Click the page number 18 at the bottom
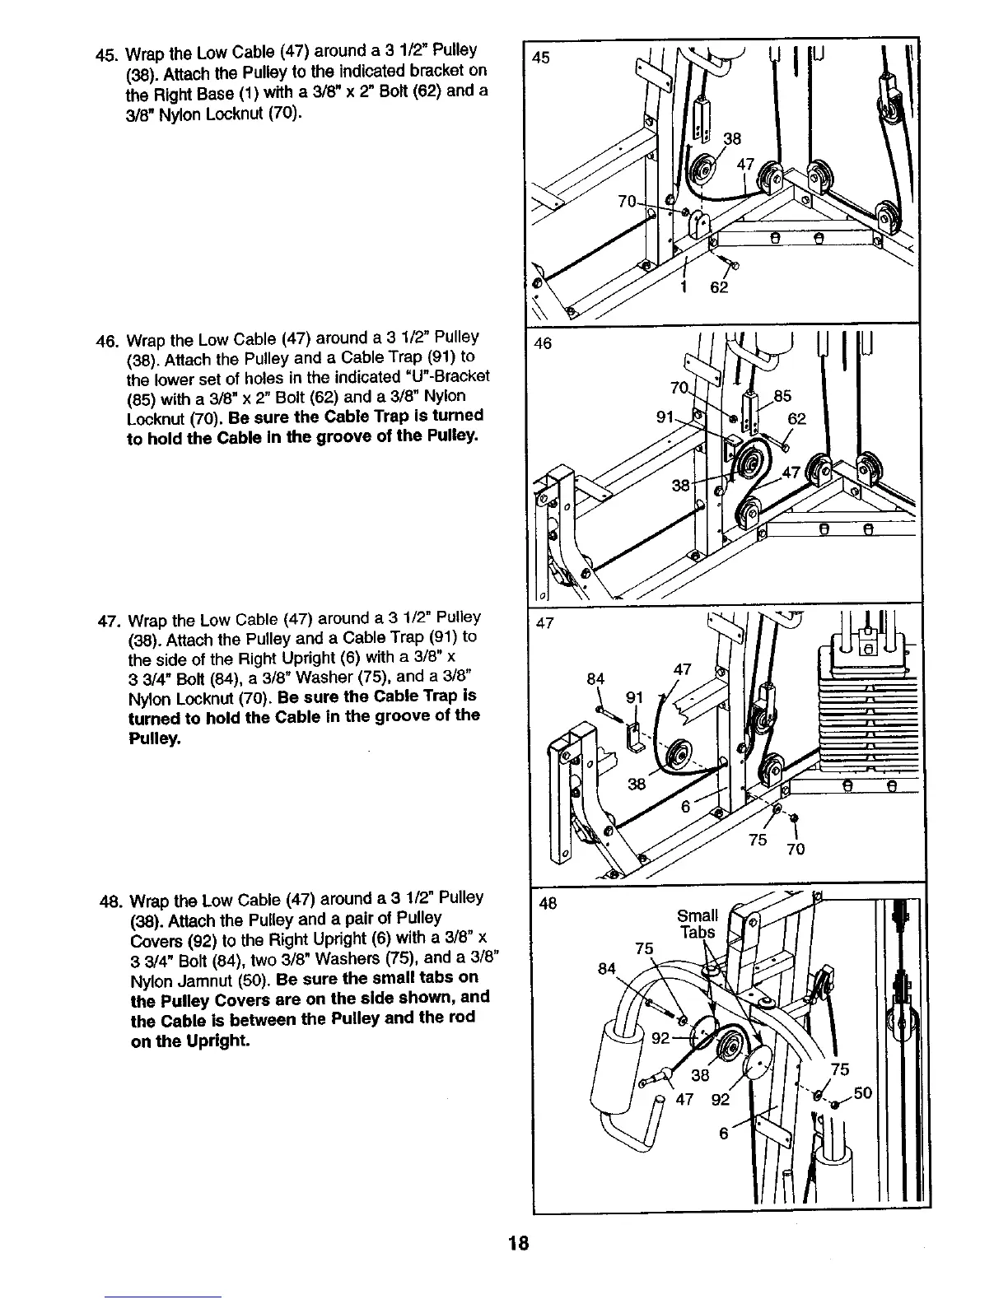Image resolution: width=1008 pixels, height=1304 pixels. pyautogui.click(x=517, y=1243)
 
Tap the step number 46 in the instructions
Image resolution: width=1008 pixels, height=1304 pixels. pyautogui.click(x=106, y=340)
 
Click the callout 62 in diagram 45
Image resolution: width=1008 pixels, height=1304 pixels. pyautogui.click(x=719, y=288)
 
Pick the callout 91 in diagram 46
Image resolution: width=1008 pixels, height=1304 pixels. pyautogui.click(x=665, y=417)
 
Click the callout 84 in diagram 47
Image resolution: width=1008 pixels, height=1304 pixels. pyautogui.click(x=595, y=679)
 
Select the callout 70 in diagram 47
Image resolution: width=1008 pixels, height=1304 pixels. pyautogui.click(x=796, y=850)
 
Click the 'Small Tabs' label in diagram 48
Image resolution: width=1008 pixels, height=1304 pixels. pyautogui.click(x=697, y=924)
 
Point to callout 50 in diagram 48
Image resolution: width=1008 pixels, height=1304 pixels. pyautogui.click(x=861, y=1093)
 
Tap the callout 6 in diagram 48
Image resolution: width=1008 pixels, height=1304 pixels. pyautogui.click(x=723, y=1133)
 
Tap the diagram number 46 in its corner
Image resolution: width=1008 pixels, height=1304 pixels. pyautogui.click(x=543, y=343)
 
